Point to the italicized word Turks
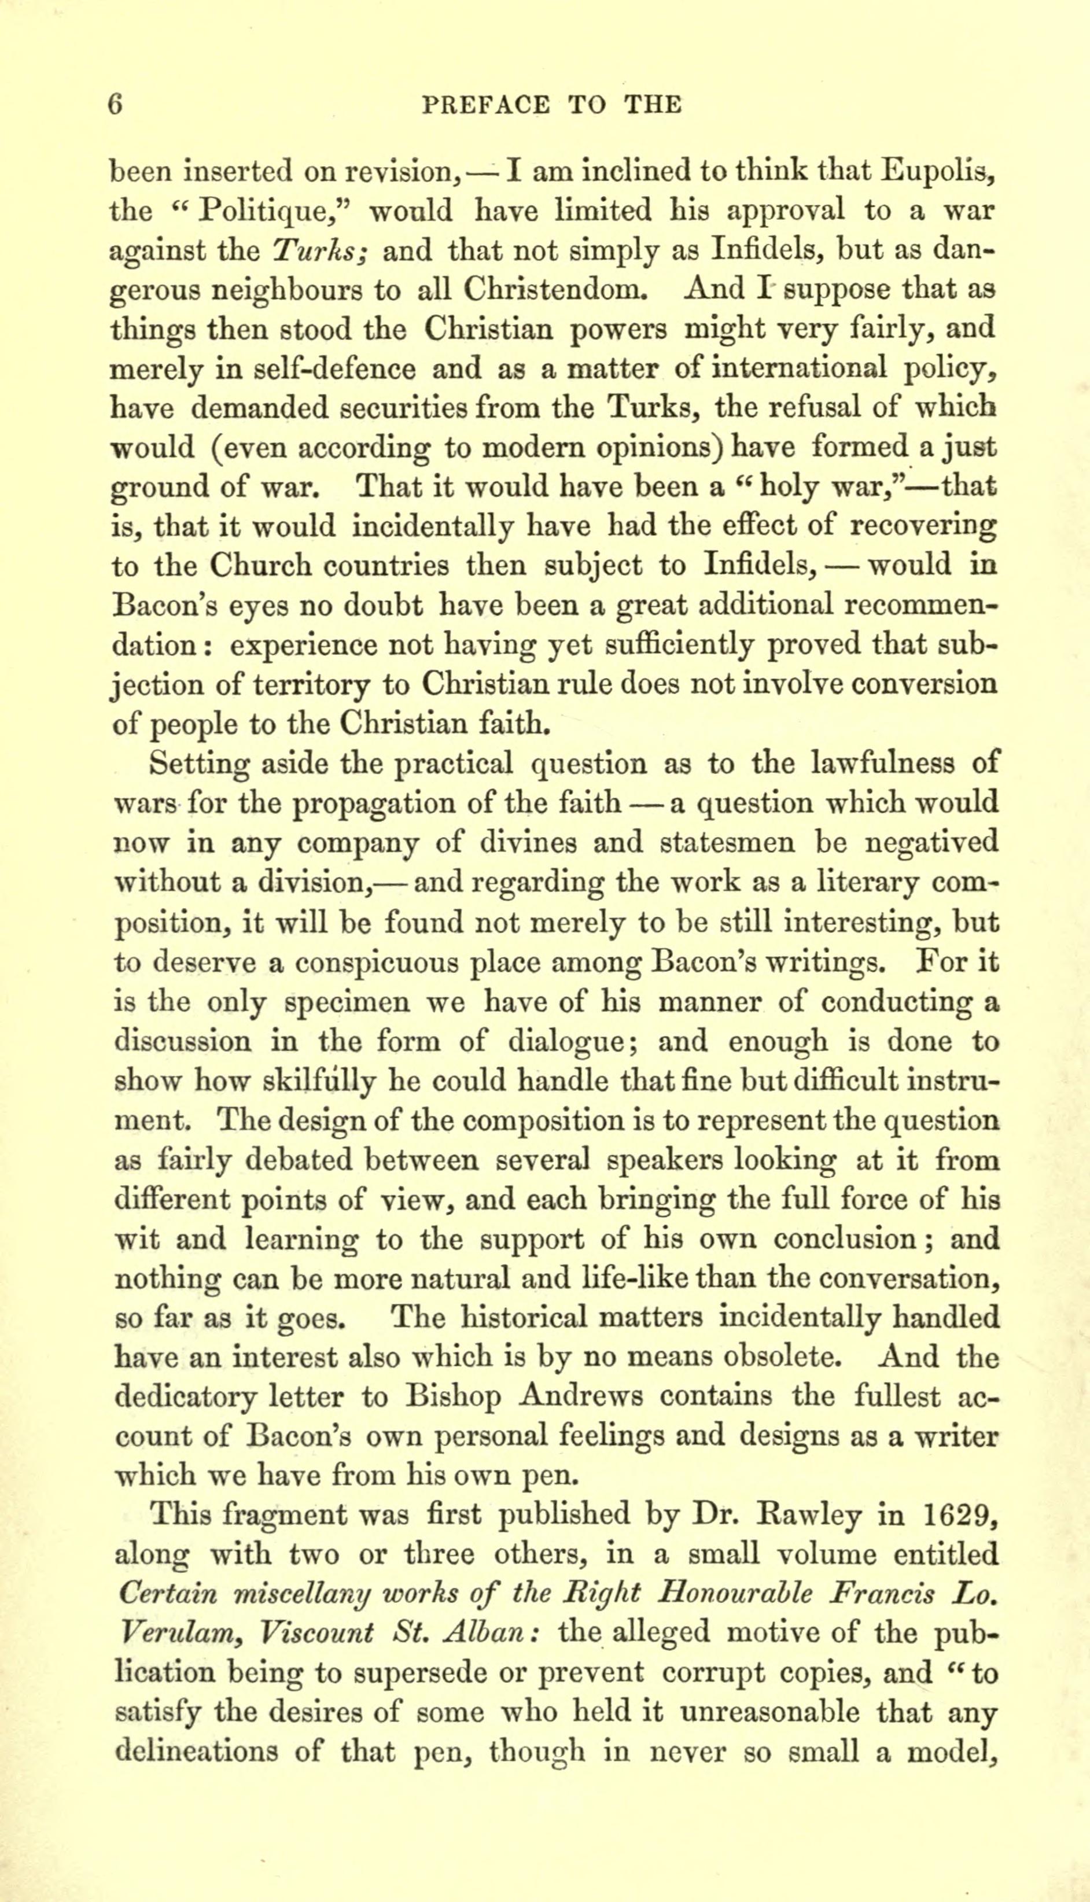pos(318,250)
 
